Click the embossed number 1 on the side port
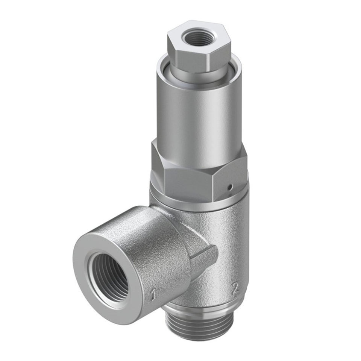coord(152,296)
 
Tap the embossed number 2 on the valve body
coord(235,288)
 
